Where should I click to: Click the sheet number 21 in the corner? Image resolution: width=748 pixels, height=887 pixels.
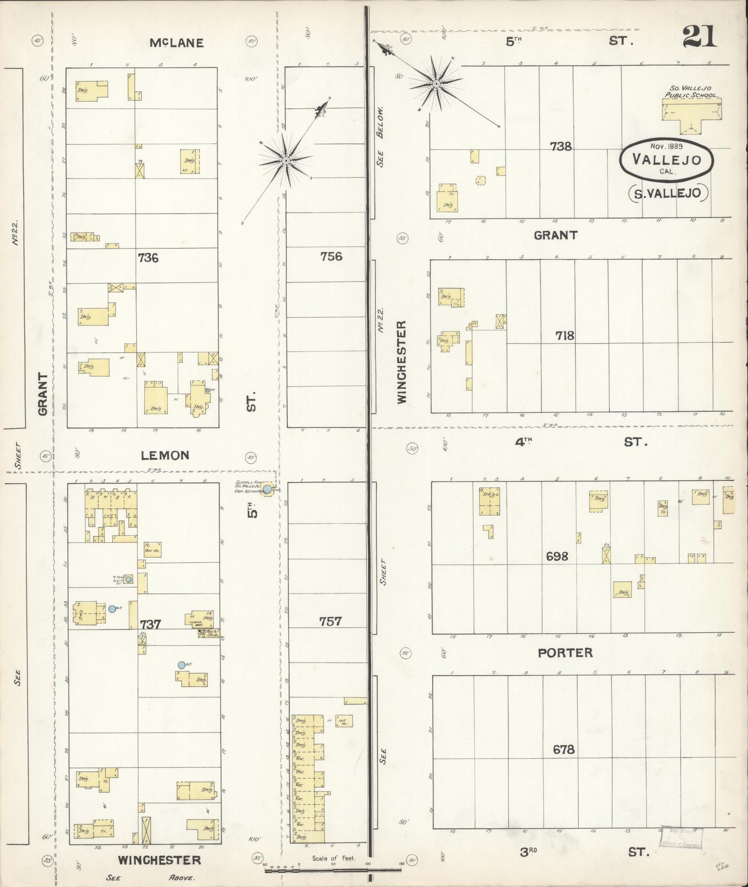pos(699,37)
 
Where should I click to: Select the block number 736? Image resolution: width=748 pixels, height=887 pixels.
pos(148,257)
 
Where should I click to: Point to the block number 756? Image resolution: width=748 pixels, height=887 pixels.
pos(331,256)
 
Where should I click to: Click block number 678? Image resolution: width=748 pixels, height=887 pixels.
pos(563,749)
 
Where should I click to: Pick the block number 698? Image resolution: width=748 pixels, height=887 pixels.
pos(557,556)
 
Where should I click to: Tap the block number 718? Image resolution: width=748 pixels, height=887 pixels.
pos(564,336)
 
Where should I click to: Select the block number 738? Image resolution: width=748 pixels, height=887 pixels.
pos(561,146)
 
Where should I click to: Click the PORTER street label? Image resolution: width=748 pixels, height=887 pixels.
pos(565,653)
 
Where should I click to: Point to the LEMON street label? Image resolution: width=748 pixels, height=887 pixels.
pos(165,455)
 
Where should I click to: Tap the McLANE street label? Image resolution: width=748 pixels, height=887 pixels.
pos(176,43)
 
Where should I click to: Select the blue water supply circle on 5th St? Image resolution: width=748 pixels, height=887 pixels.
pos(268,489)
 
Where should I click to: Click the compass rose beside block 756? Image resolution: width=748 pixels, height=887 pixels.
pos(286,160)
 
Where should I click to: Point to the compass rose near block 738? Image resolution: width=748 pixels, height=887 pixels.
pos(436,83)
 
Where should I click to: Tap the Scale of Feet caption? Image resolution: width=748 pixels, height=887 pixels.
pos(333,858)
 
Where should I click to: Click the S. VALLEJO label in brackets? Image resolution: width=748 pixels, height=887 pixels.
pos(667,193)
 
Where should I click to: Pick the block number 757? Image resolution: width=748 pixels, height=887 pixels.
pos(330,621)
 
